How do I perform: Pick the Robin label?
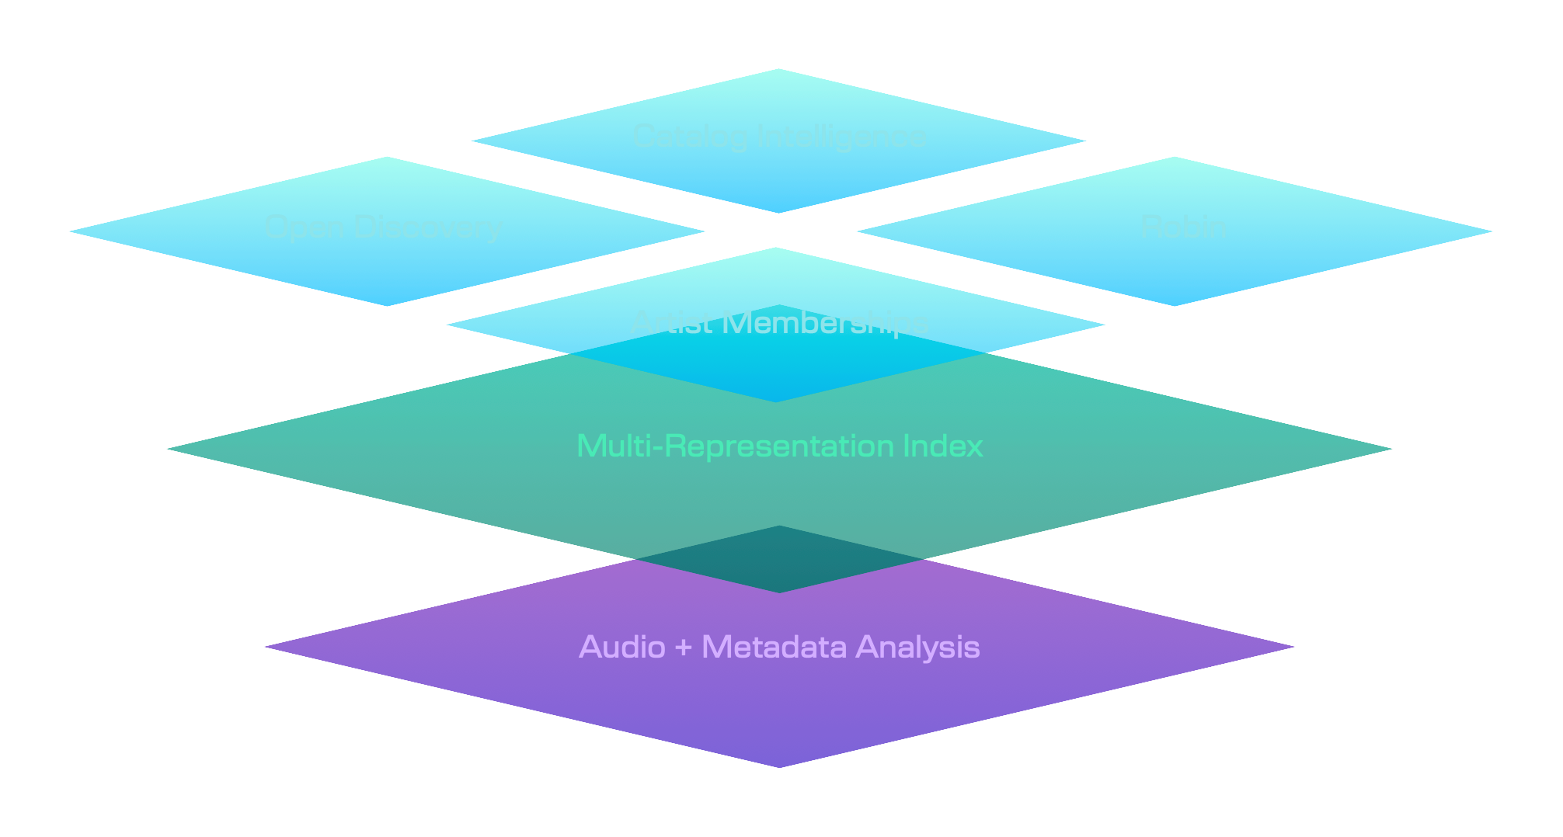(x=1183, y=227)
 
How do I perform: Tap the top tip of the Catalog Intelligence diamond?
(x=778, y=70)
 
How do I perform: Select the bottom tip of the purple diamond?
(x=779, y=766)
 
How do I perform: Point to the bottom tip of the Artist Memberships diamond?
(x=777, y=400)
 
